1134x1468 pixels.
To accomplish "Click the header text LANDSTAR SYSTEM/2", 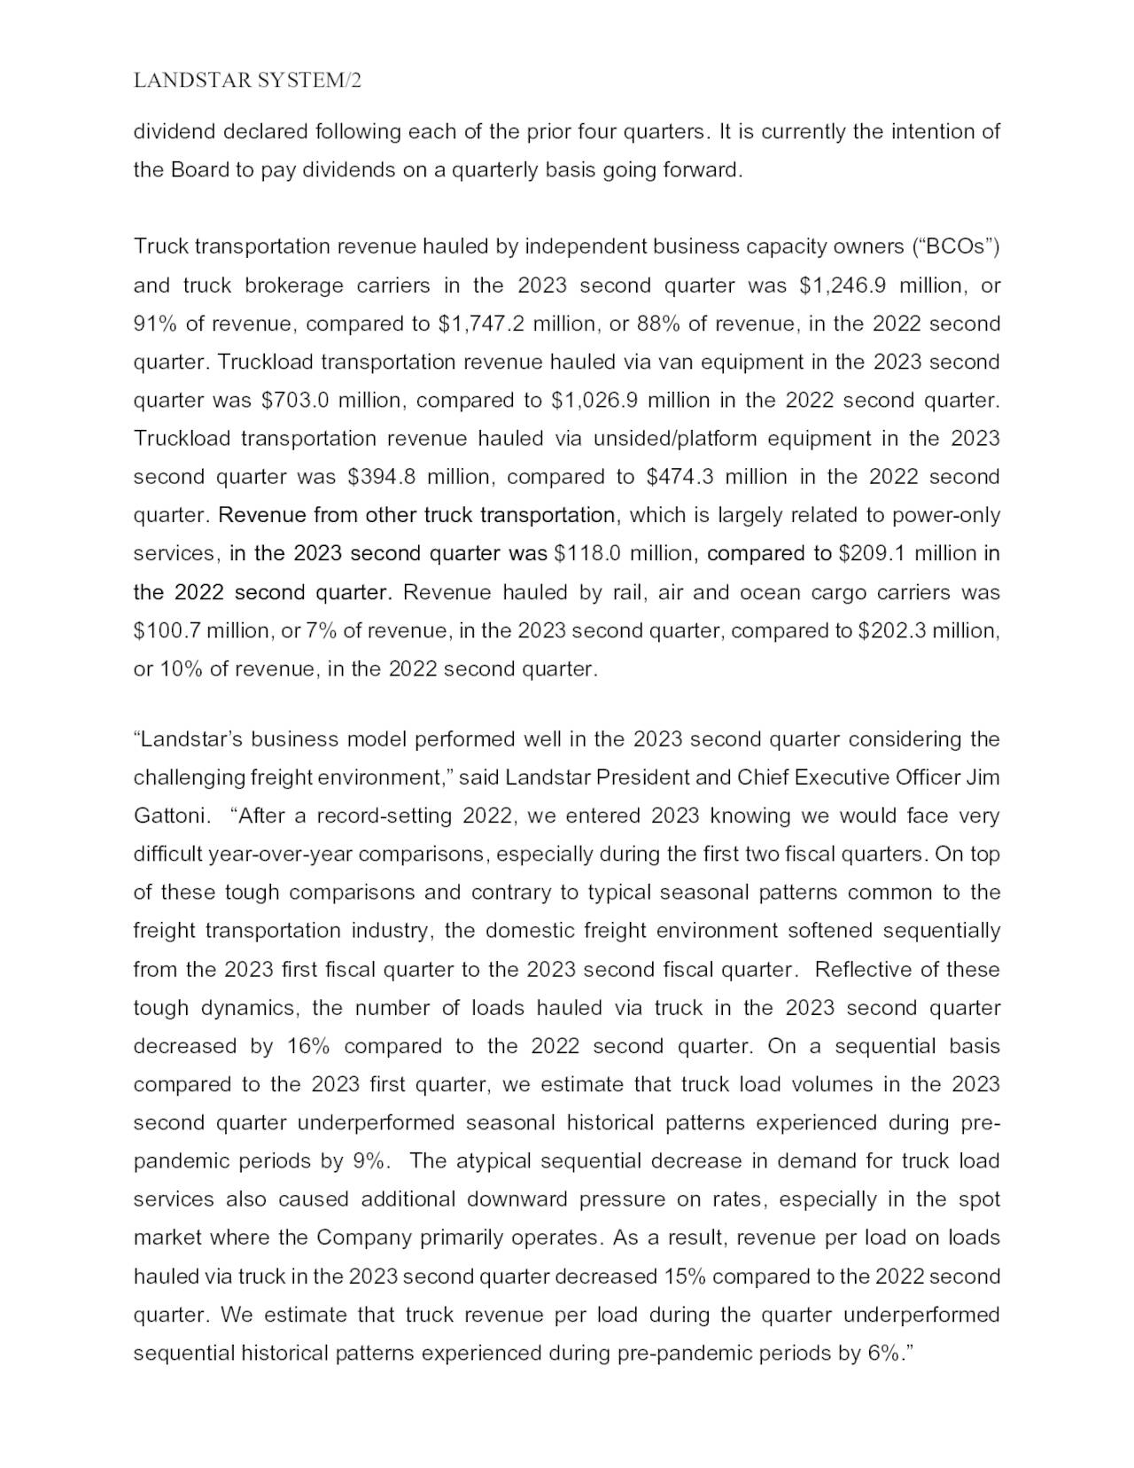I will click(247, 81).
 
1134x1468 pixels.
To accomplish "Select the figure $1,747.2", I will click(481, 324).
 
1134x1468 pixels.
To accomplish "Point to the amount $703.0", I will click(295, 401).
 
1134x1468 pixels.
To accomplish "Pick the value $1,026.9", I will click(594, 401).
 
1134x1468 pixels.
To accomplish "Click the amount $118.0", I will click(586, 554).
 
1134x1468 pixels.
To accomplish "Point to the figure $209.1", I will click(872, 554).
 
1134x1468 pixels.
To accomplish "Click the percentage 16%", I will click(308, 1046).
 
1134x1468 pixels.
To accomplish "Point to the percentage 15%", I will click(684, 1277).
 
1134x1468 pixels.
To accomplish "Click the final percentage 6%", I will click(882, 1354).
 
